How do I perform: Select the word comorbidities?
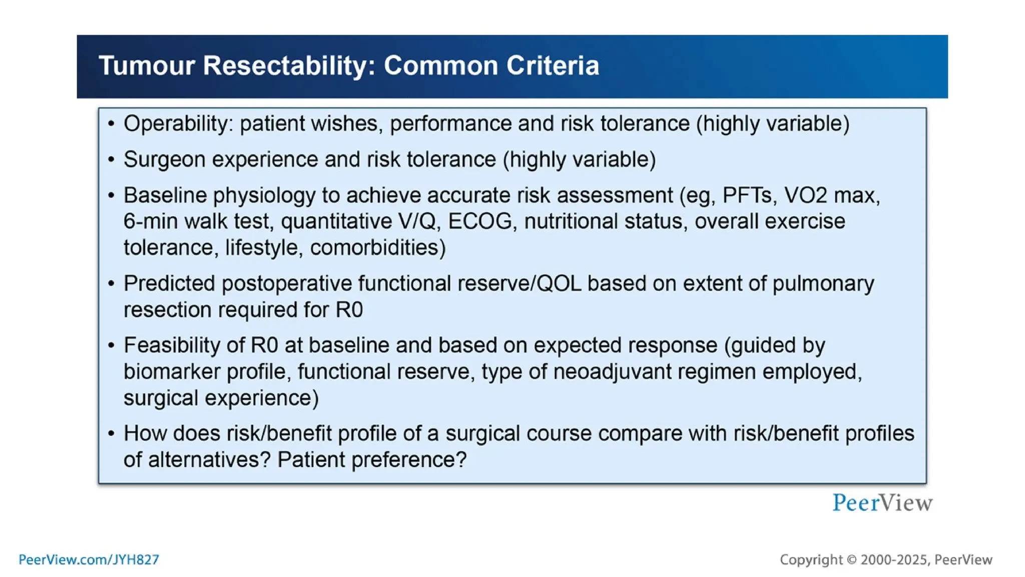click(x=377, y=248)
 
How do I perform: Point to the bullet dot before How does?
click(x=111, y=433)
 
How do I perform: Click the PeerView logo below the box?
click(x=882, y=502)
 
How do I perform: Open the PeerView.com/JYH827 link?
click(x=89, y=559)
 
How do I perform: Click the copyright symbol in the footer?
click(x=851, y=560)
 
